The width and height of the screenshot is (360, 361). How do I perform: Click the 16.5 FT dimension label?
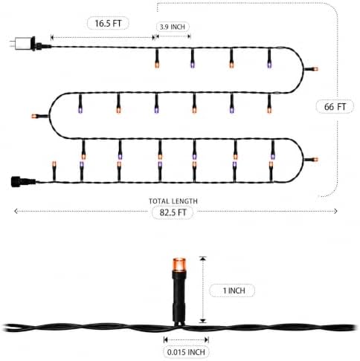pyautogui.click(x=108, y=24)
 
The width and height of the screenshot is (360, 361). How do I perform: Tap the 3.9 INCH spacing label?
pyautogui.click(x=173, y=27)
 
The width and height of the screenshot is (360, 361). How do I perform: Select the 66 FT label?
pyautogui.click(x=335, y=107)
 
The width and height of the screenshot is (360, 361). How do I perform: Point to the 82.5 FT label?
pyautogui.click(x=173, y=212)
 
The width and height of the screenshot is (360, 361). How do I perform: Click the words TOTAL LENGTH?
pyautogui.click(x=173, y=201)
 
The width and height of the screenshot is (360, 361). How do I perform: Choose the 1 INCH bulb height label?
pyautogui.click(x=234, y=290)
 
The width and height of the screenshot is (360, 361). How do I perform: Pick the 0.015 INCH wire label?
pyautogui.click(x=186, y=352)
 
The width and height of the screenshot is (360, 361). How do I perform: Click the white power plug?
pyautogui.click(x=25, y=43)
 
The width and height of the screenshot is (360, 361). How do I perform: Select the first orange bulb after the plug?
pyautogui.click(x=157, y=65)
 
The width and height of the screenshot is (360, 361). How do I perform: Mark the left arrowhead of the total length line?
pyautogui.click(x=16, y=211)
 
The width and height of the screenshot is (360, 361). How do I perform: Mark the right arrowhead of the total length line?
pyautogui.click(x=335, y=211)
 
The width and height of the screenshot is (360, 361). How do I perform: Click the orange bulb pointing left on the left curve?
pyautogui.click(x=34, y=116)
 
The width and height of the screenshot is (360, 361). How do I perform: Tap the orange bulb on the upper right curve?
pyautogui.click(x=315, y=69)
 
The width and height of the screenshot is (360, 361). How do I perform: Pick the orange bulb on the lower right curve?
pyautogui.click(x=315, y=160)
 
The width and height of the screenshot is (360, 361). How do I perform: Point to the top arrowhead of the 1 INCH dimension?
pyautogui.click(x=203, y=258)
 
